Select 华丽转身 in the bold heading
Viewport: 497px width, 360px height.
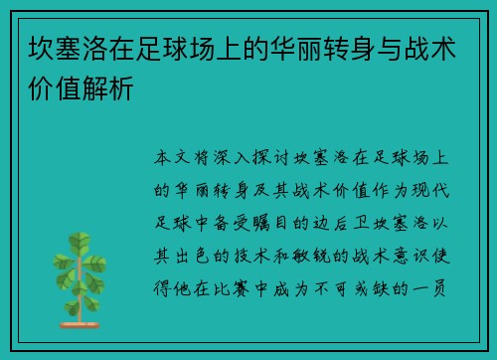point(300,48)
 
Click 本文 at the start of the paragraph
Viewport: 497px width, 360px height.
point(177,157)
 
